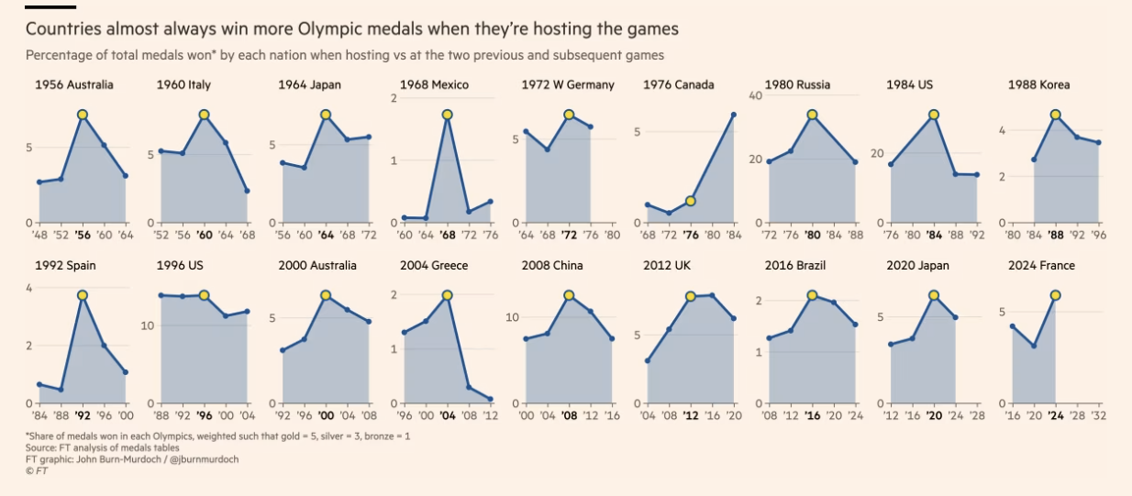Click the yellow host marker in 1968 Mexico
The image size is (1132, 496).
(x=447, y=115)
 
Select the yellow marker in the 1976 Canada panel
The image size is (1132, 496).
(x=691, y=201)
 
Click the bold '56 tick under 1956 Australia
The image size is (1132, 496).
(x=82, y=235)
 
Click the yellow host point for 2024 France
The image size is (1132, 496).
(x=1055, y=295)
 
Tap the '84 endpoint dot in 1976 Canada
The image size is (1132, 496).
(x=734, y=115)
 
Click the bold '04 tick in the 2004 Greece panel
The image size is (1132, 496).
(x=447, y=415)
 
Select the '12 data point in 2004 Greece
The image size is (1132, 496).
(x=491, y=399)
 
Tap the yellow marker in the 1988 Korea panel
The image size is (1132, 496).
(x=1055, y=115)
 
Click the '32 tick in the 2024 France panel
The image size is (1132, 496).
(x=1098, y=415)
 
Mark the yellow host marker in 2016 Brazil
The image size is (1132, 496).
(x=812, y=295)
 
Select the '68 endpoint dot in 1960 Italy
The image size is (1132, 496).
(x=247, y=191)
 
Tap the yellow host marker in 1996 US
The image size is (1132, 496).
(x=204, y=295)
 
